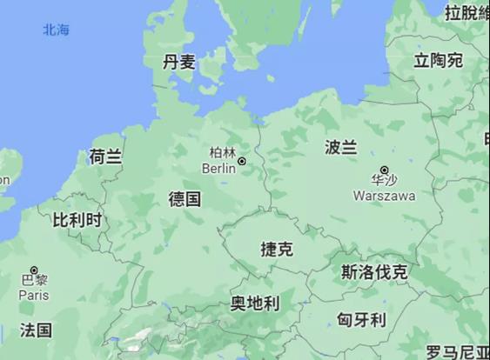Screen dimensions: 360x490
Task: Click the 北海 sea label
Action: point(56,30)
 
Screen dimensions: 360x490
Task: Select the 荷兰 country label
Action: point(105,157)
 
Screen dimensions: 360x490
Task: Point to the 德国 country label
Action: point(185,199)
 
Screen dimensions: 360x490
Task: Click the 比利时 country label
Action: point(77,219)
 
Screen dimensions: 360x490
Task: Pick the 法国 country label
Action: point(36,330)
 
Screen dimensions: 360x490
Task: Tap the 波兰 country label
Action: point(340,147)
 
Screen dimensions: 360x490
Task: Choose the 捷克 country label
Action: point(277,249)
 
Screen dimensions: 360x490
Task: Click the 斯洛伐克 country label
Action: point(374,272)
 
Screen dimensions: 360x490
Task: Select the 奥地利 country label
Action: point(254,303)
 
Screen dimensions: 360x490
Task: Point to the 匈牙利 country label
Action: point(361,319)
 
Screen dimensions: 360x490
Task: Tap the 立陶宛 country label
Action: point(438,60)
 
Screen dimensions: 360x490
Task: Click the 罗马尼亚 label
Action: point(457,352)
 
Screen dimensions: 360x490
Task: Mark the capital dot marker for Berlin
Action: point(242,161)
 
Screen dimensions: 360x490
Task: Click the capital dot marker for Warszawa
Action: point(385,170)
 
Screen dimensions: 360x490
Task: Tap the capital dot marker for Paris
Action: point(34,270)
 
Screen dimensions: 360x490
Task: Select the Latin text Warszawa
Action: point(384,196)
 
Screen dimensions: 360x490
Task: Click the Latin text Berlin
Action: point(218,168)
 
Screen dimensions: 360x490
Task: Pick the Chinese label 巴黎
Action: point(34,282)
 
